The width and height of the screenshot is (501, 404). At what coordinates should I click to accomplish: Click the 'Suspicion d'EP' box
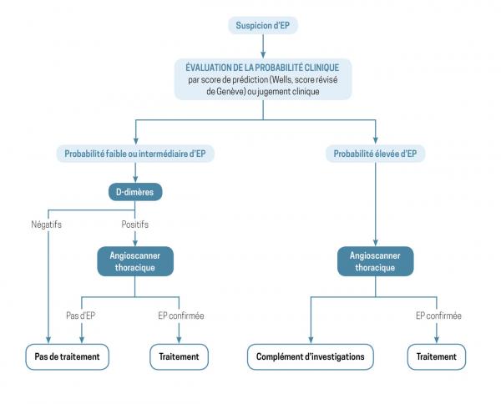262,26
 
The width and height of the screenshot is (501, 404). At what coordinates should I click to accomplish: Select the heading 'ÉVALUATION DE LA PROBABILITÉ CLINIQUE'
262,66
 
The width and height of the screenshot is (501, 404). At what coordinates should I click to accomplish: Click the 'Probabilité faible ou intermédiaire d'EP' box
134,154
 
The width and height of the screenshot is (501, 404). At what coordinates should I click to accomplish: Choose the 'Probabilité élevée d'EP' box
374,154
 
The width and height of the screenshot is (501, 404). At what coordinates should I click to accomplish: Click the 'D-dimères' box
134,192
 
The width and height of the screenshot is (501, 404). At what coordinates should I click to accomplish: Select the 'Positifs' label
135,225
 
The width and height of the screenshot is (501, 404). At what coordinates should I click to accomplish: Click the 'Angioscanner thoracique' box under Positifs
135,262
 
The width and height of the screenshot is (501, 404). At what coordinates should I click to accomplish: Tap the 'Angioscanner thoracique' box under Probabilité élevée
375,262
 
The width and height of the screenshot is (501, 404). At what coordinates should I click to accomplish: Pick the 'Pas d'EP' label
81,316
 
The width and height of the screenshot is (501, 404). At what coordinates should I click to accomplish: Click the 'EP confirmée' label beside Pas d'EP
180,316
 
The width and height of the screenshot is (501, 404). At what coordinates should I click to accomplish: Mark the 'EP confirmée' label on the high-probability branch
438,316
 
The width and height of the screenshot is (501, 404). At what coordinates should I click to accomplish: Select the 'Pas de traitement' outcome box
68,356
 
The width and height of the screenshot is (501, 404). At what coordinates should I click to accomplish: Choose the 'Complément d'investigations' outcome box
311,356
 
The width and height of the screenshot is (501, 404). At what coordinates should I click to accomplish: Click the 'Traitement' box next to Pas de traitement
179,356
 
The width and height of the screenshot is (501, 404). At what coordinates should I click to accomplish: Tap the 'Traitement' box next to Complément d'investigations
437,356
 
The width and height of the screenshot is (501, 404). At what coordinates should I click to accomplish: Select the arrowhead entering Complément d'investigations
311,340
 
